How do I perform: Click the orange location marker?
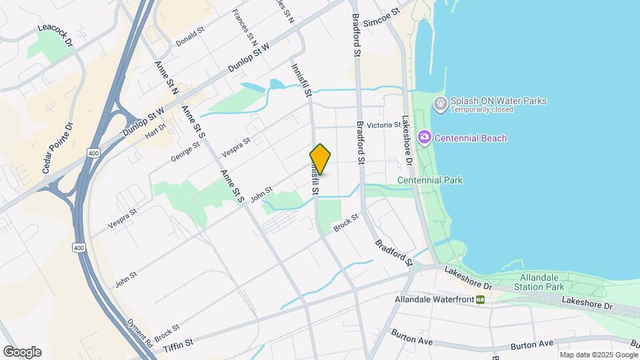click(320, 159)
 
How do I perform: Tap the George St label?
click(185, 151)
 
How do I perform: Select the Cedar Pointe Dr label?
click(57, 148)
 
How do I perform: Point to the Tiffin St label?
click(179, 342)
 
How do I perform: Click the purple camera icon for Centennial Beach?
click(424, 137)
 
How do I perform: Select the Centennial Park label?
click(430, 180)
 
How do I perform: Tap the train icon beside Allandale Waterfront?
click(480, 300)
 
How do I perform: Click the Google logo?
click(22, 352)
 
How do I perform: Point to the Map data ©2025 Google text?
click(598, 354)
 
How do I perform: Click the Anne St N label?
click(165, 76)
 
